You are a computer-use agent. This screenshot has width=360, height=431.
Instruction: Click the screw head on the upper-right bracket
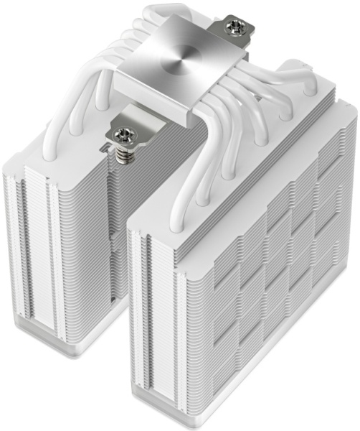click(235, 28)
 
